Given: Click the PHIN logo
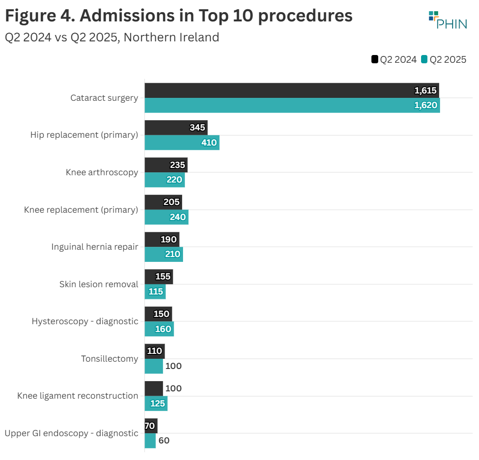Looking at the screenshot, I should [447, 19].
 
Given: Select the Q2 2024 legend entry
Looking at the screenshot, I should [394, 59].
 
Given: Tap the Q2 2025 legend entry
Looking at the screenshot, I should [444, 59].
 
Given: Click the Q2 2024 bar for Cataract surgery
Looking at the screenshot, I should [292, 91].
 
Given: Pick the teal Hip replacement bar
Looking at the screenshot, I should [182, 143].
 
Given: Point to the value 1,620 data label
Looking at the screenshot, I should [426, 105].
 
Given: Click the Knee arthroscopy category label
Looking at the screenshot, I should [102, 172].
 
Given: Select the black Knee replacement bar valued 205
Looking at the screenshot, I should [163, 202].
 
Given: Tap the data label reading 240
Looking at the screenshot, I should [178, 217].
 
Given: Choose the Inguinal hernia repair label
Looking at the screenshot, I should [94, 247].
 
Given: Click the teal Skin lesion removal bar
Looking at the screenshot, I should [155, 292].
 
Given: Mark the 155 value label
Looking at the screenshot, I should [163, 276].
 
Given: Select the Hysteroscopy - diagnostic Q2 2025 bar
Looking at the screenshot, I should [159, 329].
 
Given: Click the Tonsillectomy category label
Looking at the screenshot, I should [109, 359].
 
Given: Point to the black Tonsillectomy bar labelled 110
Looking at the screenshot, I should [154, 351].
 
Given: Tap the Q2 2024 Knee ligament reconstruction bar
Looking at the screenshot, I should [153, 388].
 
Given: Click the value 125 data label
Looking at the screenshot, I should [157, 404].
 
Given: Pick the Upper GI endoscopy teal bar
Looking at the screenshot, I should [150, 441].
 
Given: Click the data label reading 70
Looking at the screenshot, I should [149, 426].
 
